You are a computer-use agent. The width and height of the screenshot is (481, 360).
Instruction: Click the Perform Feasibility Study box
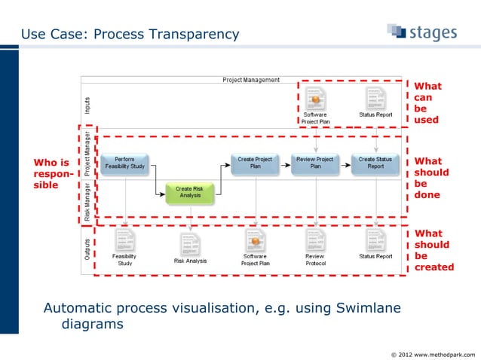126,163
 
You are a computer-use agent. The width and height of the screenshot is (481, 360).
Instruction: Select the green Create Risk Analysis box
189,192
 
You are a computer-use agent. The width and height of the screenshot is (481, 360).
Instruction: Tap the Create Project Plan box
255,163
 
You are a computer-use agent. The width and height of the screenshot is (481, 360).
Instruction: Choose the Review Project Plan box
315,163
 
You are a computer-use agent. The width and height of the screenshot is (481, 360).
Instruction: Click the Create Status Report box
375,163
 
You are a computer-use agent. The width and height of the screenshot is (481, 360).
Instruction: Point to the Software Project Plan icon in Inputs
315,98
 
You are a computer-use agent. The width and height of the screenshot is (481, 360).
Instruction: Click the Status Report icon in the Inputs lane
375,98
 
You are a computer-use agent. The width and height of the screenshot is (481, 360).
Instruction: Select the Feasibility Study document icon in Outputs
126,239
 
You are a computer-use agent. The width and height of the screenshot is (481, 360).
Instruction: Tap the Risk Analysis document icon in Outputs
189,243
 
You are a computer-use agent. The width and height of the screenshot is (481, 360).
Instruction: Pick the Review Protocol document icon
315,239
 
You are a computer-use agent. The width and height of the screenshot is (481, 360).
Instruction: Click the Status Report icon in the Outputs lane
375,239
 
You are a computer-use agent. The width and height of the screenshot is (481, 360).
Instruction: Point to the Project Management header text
250,80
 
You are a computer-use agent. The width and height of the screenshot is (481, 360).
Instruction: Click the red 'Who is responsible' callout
52,173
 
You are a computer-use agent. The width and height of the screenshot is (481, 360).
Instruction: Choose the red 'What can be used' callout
426,103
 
